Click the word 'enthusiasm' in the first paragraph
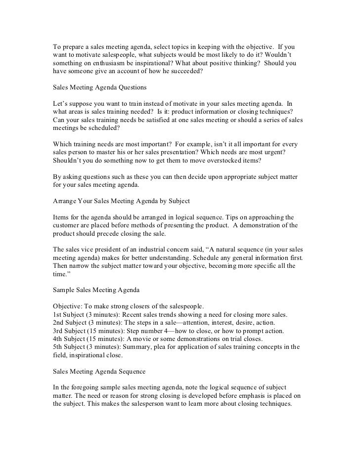tap(108, 64)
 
